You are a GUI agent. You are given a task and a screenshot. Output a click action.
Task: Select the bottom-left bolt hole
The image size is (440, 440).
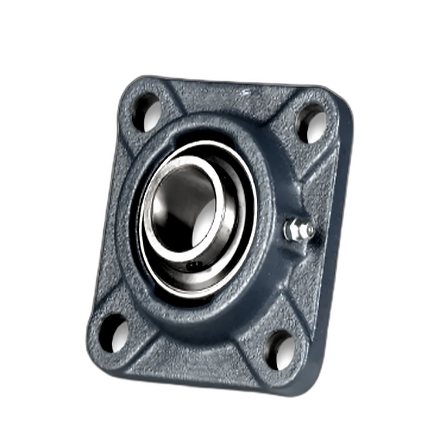pos(114,334)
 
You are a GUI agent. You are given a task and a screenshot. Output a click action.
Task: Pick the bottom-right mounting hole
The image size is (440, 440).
pos(281,351)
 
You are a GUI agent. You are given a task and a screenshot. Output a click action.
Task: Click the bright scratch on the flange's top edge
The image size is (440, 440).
pos(246,92)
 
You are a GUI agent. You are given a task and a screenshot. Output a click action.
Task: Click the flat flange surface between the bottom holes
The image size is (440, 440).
pos(196,359)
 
